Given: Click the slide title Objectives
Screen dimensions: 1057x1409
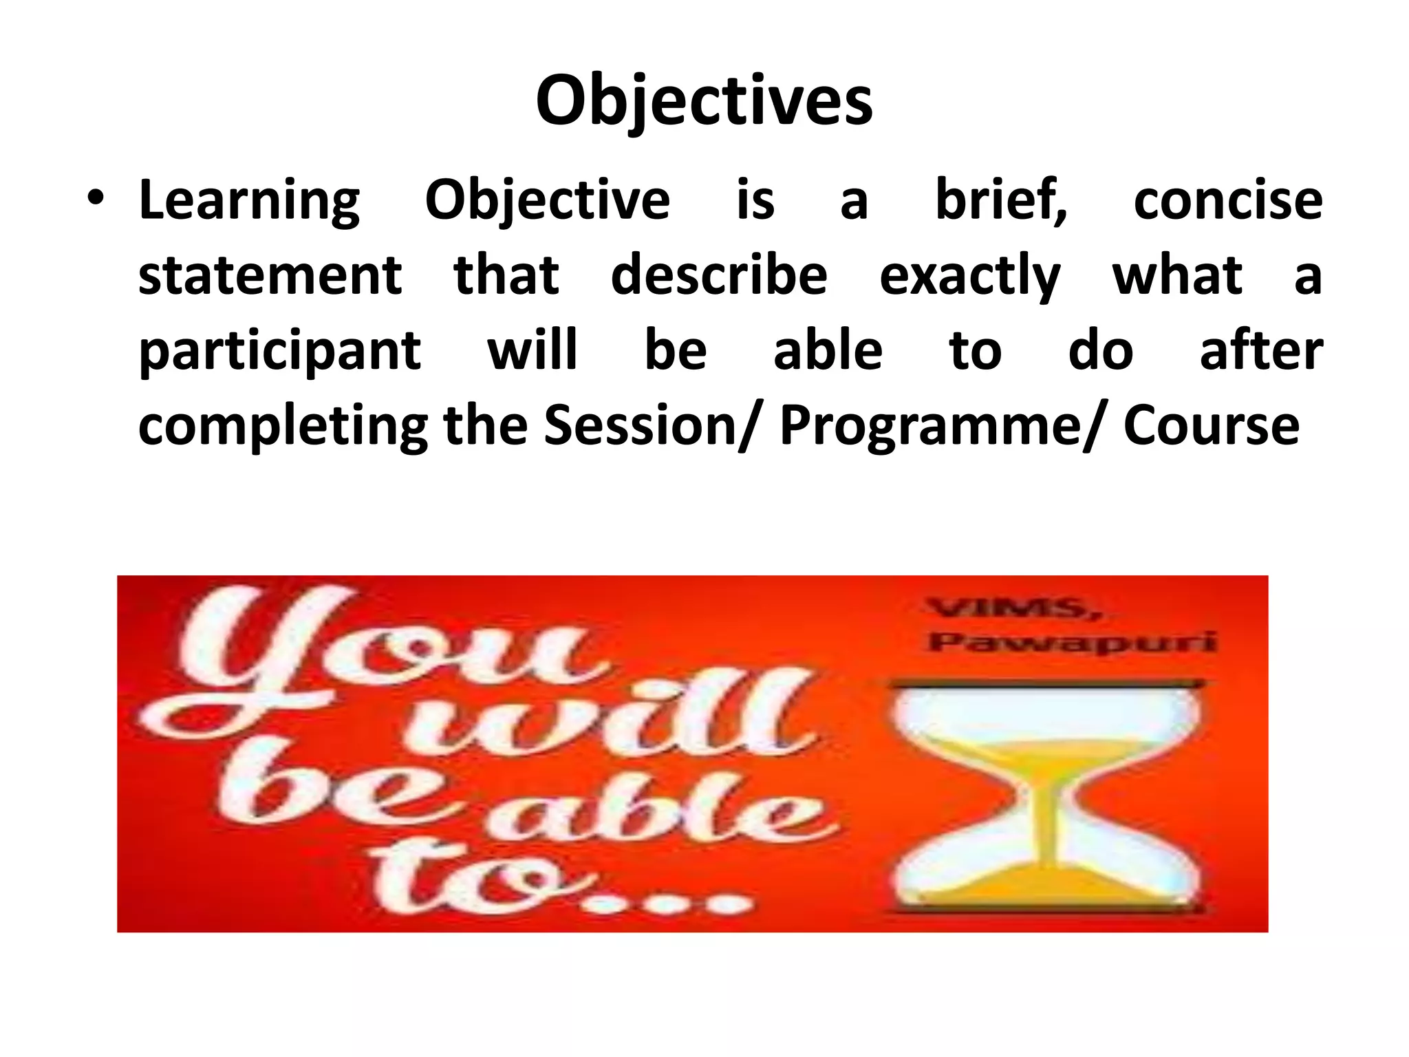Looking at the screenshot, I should point(704,101).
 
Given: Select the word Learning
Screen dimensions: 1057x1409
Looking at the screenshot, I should point(249,201).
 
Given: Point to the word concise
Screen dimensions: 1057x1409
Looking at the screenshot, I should point(1227,201).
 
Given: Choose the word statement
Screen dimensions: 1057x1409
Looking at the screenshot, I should point(270,275).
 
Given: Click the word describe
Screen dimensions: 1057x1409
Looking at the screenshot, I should point(719,275).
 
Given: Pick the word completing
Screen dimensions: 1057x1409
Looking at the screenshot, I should point(283,427).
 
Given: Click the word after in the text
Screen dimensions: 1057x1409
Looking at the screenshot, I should point(1260,350).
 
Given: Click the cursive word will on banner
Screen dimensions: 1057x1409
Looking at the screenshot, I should point(605,719).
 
